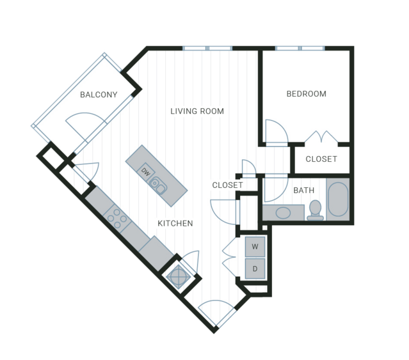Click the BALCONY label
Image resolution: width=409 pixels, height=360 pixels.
(99, 95)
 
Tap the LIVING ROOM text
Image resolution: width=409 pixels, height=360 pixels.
(197, 111)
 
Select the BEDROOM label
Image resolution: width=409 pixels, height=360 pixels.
(306, 94)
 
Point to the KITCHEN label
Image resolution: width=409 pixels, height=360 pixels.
(175, 223)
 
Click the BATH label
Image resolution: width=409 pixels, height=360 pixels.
(304, 191)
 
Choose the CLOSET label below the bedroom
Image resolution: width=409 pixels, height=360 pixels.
(321, 159)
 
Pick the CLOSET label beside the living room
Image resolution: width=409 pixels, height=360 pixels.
(227, 185)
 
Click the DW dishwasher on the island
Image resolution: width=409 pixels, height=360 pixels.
(145, 171)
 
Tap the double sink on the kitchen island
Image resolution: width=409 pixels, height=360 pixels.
(158, 185)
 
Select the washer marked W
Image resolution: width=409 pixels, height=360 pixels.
(255, 246)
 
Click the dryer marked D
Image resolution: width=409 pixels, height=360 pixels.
(255, 269)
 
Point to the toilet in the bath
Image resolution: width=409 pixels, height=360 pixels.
(315, 210)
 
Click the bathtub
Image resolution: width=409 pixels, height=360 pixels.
(338, 200)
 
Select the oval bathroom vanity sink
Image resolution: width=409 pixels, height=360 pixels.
(283, 213)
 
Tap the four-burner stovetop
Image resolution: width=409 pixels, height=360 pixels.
(117, 219)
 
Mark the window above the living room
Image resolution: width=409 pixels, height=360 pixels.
(207, 48)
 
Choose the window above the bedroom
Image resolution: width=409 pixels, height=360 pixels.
(300, 48)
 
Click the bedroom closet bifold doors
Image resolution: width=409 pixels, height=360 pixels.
(321, 136)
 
